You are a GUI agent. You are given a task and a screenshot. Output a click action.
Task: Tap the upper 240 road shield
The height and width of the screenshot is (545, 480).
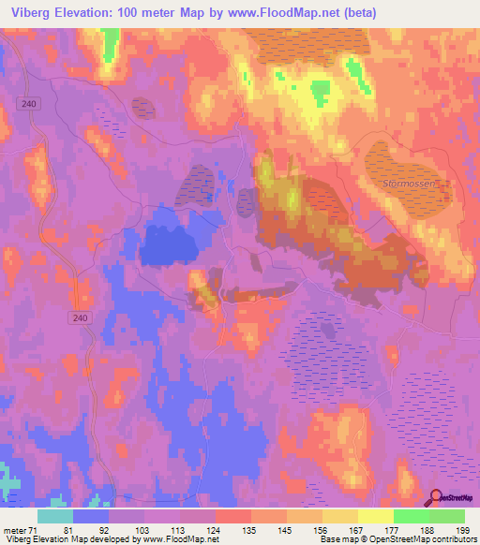(32, 104)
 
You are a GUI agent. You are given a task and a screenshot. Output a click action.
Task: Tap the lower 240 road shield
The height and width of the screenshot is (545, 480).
(81, 319)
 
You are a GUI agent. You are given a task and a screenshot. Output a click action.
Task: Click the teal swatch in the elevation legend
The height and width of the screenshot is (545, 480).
(54, 516)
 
